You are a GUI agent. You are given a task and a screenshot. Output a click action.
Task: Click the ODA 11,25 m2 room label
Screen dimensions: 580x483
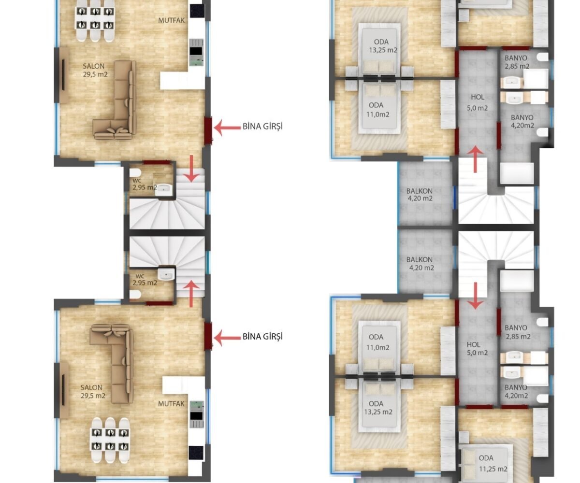(493, 463)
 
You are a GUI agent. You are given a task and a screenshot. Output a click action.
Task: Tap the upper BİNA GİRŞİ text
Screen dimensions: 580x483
(262, 126)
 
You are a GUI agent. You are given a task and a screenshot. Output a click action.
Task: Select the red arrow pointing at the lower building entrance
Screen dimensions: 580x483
(228, 338)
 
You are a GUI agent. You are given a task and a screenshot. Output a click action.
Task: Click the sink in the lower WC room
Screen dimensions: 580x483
(166, 274)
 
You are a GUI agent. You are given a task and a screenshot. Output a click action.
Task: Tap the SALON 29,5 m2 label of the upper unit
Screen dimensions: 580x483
(95, 70)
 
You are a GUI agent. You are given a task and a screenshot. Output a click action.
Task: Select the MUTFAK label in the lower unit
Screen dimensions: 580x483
(171, 404)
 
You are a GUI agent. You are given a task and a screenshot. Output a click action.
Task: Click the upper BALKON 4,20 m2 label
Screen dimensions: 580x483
(420, 195)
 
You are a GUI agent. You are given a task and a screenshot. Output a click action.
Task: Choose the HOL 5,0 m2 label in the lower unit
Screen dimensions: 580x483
(477, 349)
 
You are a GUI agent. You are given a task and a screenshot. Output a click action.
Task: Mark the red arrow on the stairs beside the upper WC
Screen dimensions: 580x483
(191, 169)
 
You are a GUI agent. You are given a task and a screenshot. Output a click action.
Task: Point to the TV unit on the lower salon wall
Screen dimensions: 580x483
(64, 390)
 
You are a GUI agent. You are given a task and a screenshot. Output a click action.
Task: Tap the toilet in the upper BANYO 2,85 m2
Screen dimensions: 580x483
(542, 57)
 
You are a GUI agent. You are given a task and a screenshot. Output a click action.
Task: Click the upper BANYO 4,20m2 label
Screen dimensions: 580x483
(522, 121)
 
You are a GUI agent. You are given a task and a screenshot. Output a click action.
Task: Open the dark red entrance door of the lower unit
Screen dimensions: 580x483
(208, 336)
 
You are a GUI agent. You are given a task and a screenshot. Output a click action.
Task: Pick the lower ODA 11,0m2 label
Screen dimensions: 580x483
(377, 342)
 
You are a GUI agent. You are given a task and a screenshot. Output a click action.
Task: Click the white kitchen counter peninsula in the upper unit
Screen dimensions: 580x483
(182, 81)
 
